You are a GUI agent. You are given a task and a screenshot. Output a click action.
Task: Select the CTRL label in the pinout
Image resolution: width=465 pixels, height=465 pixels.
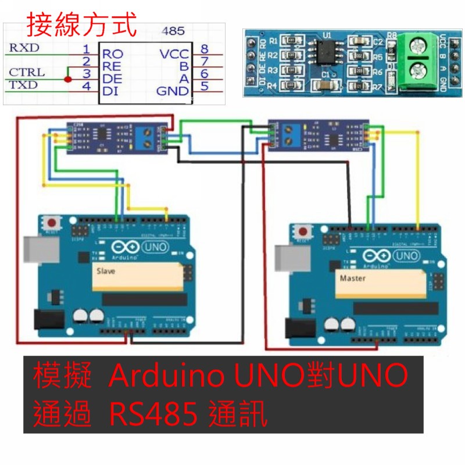[27, 73]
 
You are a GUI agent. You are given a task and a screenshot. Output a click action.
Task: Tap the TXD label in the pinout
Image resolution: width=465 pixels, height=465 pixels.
[24, 85]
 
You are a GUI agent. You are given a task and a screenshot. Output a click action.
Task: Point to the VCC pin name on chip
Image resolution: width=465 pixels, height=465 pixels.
[174, 54]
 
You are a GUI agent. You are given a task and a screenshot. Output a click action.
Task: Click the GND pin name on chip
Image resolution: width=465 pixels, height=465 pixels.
[173, 91]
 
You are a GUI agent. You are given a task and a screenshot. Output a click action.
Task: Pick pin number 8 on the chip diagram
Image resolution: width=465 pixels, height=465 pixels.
[204, 48]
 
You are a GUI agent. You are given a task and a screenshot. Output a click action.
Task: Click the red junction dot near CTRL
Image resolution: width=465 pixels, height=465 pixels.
[68, 79]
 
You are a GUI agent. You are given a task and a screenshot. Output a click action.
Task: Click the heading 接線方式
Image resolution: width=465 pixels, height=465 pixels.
[82, 26]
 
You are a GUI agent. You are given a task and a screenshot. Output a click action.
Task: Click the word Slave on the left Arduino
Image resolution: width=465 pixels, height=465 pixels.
[106, 271]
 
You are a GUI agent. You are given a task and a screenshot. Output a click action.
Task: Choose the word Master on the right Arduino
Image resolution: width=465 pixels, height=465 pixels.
[353, 278]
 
